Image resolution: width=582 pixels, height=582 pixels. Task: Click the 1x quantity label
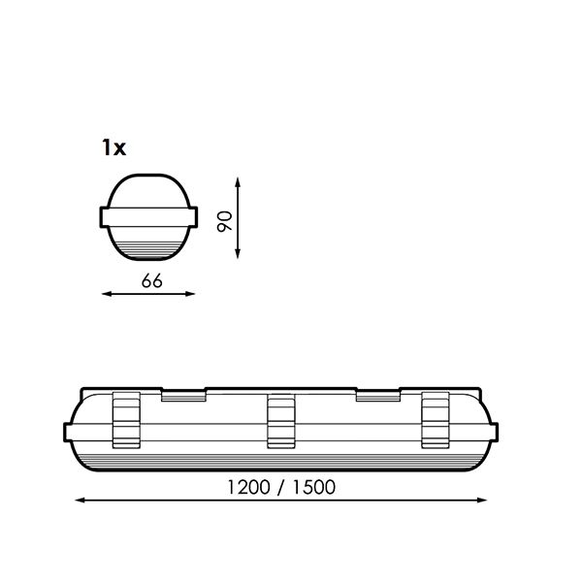click(113, 147)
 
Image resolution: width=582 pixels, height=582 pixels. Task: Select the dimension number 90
click(225, 221)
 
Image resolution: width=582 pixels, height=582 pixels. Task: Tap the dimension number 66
click(152, 281)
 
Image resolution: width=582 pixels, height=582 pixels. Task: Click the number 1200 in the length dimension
click(248, 487)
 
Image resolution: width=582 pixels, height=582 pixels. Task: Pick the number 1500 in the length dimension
click(314, 487)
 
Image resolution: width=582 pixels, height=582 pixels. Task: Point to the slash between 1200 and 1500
click(281, 488)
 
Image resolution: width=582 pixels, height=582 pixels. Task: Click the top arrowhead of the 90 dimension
click(238, 182)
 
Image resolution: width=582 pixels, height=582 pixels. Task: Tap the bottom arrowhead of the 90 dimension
click(238, 253)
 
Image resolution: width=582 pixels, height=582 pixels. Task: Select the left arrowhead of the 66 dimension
click(107, 294)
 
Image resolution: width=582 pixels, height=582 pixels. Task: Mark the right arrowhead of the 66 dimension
click(190, 294)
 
